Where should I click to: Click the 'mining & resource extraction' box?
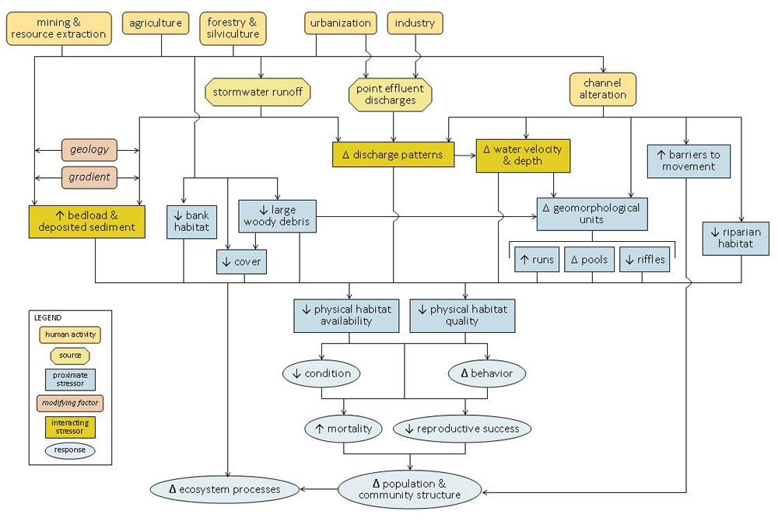click(x=58, y=29)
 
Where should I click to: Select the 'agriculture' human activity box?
click(x=156, y=23)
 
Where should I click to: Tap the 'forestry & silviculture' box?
click(x=233, y=29)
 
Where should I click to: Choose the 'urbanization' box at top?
click(x=340, y=23)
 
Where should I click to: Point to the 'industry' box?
click(x=415, y=23)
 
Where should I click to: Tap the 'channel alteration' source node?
click(x=603, y=89)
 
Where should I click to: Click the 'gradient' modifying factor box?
click(x=89, y=177)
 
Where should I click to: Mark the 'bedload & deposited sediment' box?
click(x=87, y=221)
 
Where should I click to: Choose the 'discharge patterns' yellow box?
click(x=393, y=155)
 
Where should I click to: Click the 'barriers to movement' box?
click(x=689, y=160)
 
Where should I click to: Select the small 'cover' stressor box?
click(x=242, y=262)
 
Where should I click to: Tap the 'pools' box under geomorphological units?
click(x=589, y=260)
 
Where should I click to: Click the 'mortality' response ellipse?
click(x=343, y=429)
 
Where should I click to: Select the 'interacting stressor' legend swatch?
click(x=69, y=427)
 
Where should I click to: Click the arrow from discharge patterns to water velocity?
click(x=464, y=155)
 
